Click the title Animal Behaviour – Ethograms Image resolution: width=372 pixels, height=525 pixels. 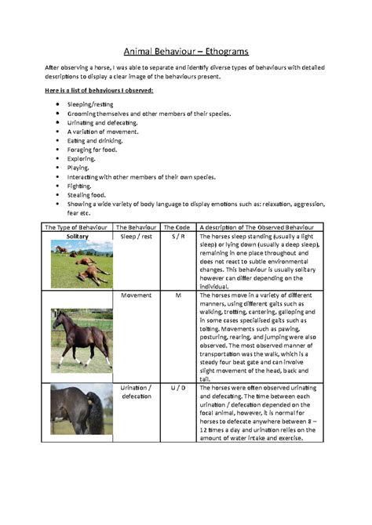(x=185, y=52)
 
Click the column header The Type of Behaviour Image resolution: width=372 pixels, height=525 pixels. (x=77, y=227)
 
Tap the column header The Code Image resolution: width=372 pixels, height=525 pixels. (x=177, y=227)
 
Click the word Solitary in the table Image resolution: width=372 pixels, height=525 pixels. (x=78, y=236)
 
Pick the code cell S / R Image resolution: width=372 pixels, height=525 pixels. (x=177, y=236)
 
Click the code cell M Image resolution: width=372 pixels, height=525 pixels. (x=177, y=296)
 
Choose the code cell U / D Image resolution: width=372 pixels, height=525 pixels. (x=177, y=387)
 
